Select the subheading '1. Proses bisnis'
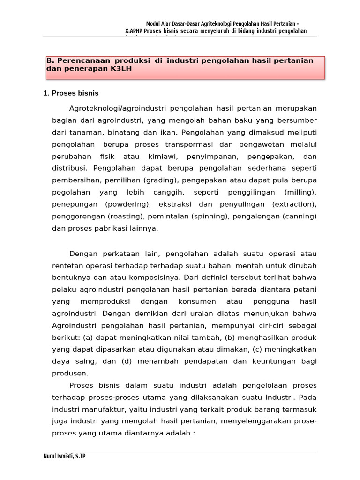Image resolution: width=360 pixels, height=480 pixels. click(x=71, y=93)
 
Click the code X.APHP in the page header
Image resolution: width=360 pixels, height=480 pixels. click(x=134, y=31)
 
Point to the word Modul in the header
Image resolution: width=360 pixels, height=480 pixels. click(x=153, y=24)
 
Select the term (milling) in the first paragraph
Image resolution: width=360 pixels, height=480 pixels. click(x=300, y=192)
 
